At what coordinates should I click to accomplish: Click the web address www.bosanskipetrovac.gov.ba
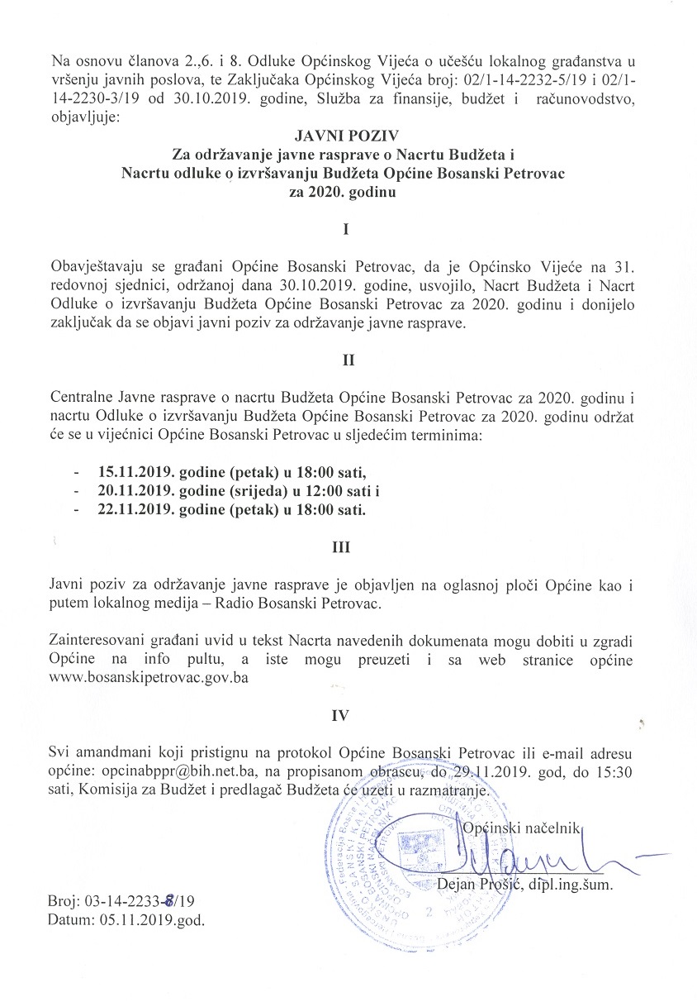pos(149,676)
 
